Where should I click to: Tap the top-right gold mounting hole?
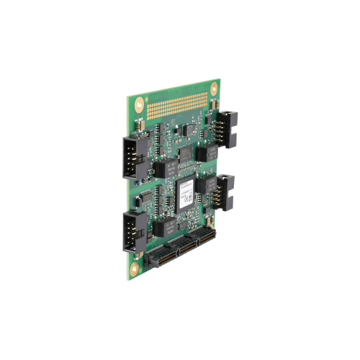(213, 87)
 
